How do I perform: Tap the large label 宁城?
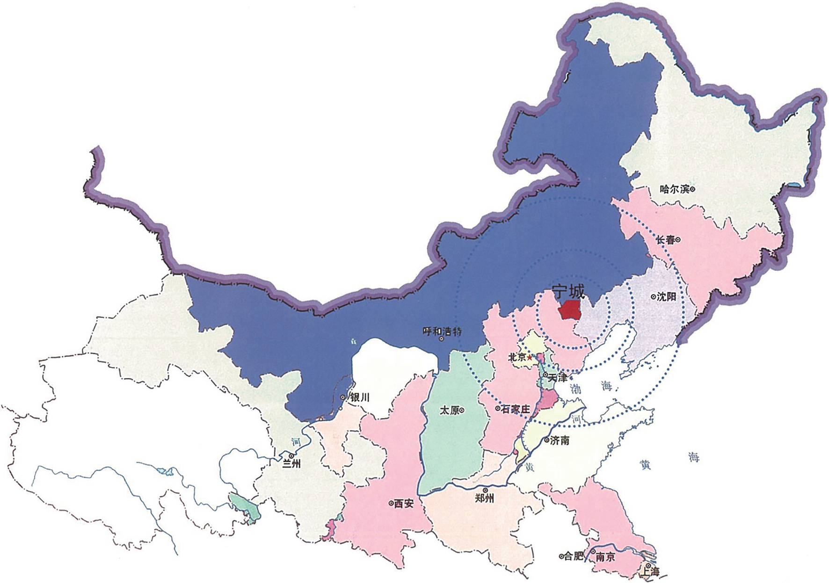[568, 292]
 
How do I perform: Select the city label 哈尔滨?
[674, 189]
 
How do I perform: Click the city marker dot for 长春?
[678, 240]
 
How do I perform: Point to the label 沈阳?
[667, 297]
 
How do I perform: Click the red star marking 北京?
[530, 358]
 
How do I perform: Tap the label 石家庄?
[516, 409]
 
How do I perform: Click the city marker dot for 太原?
[462, 410]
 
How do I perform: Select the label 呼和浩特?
[442, 331]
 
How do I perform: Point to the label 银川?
[360, 397]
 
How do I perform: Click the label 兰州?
[291, 464]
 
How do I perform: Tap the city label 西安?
[404, 504]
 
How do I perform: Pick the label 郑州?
[484, 498]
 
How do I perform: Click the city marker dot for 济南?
[547, 440]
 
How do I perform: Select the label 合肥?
[574, 556]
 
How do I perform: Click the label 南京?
[605, 557]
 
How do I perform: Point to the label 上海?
[650, 571]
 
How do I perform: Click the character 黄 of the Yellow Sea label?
[645, 465]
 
